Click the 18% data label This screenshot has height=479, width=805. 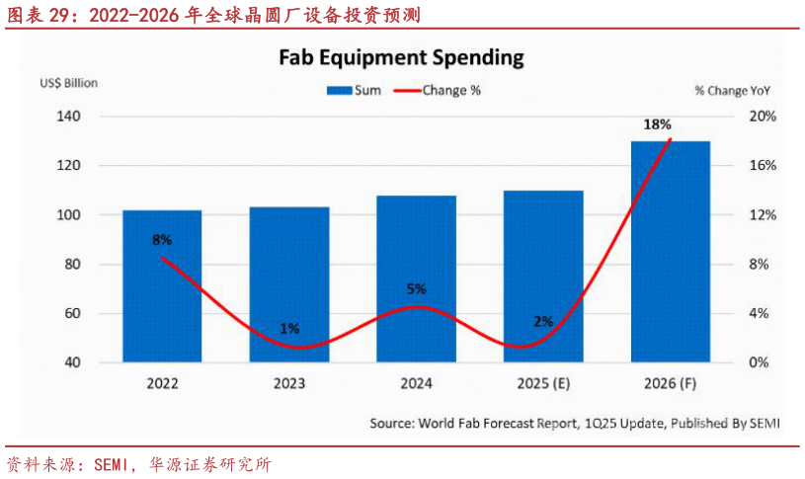[658, 124]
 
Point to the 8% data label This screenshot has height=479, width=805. [162, 240]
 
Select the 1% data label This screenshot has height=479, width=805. [289, 329]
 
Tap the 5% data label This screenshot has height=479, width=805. [416, 289]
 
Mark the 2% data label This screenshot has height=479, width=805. [543, 321]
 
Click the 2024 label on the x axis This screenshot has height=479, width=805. [416, 383]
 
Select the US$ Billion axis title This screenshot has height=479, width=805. [69, 83]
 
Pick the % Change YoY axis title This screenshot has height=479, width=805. [732, 90]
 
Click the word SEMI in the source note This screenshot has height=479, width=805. [764, 424]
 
